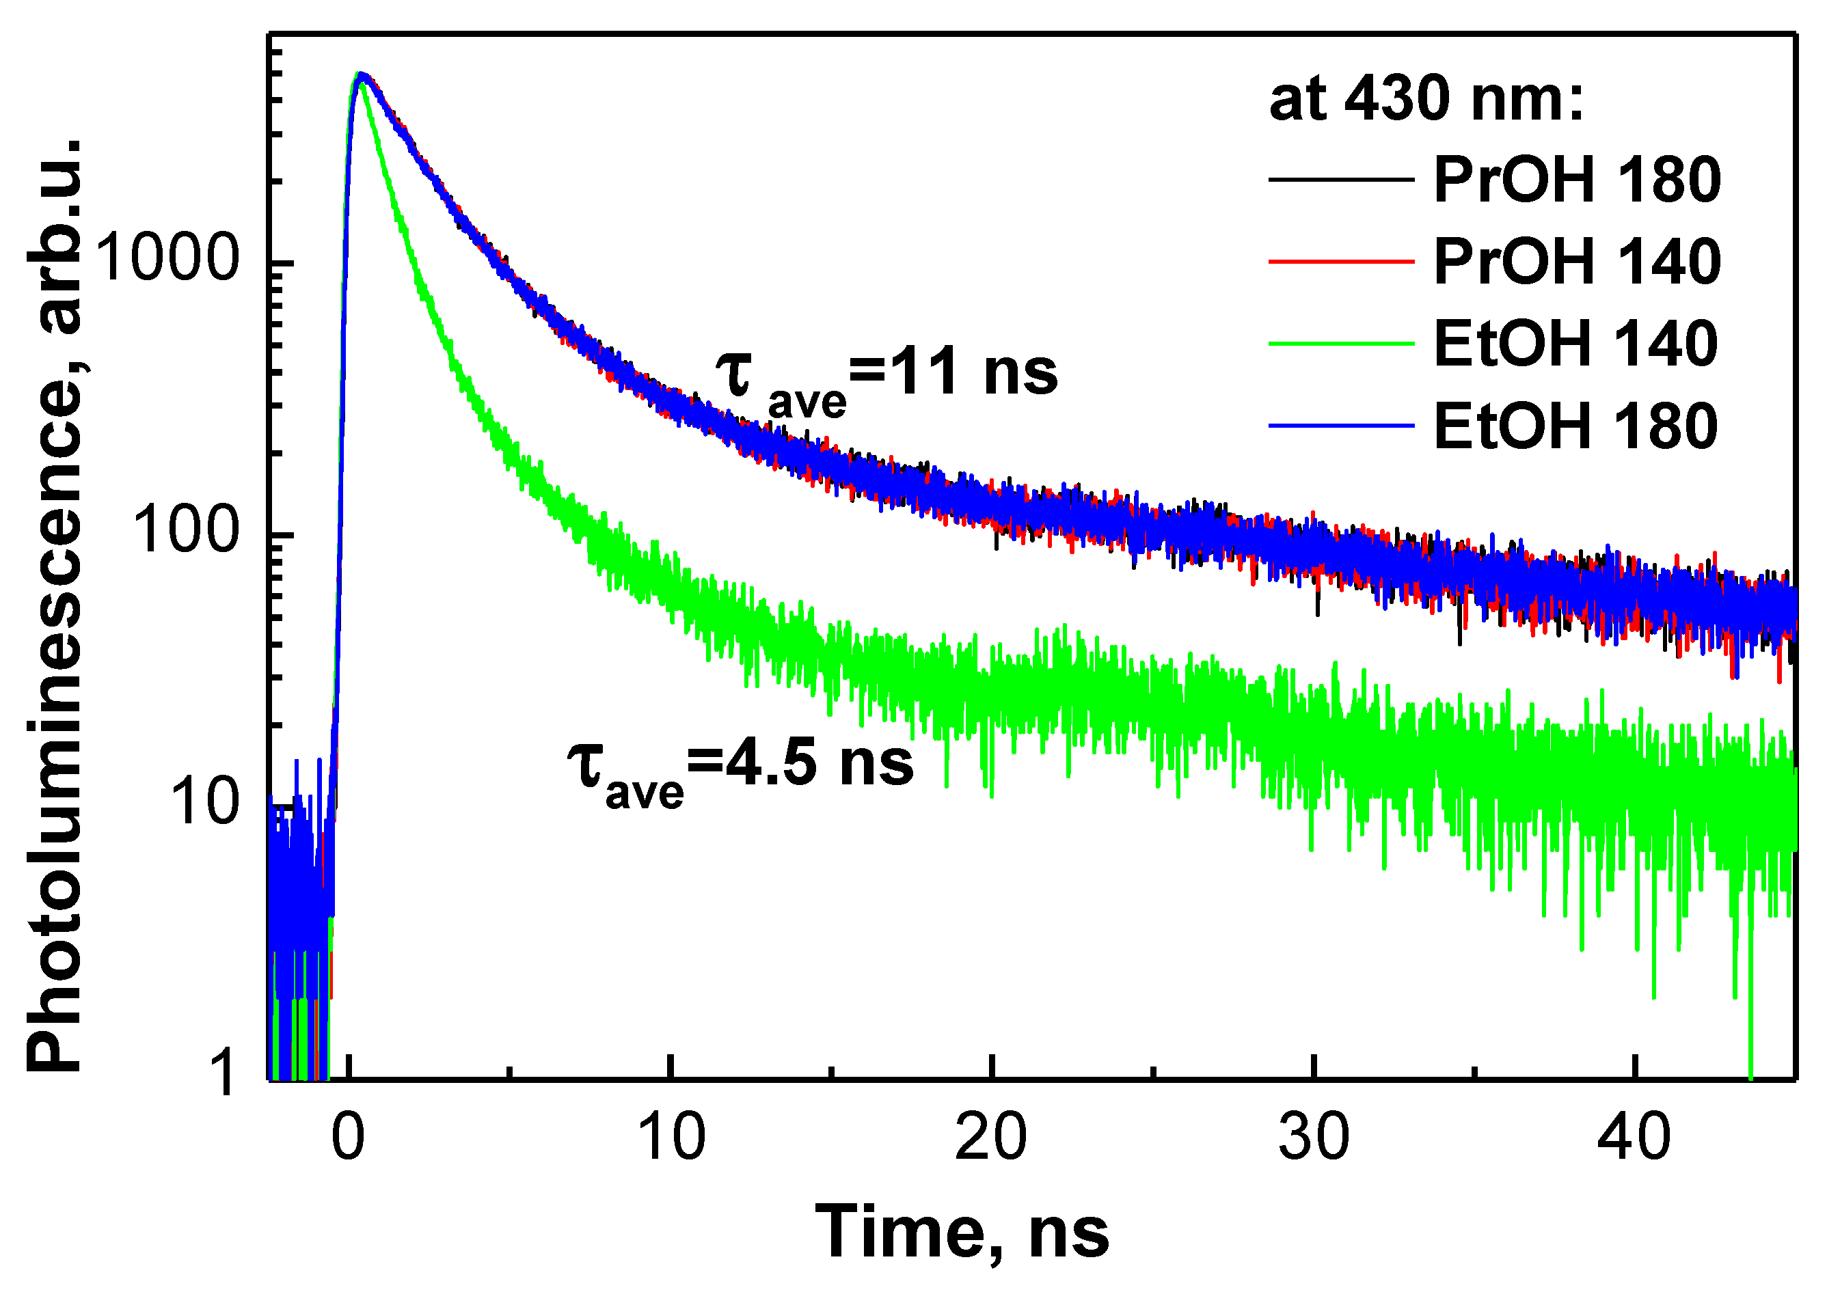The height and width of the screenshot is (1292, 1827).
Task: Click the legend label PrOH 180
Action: pos(1576,180)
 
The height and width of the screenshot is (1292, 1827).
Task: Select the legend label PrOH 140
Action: pos(1576,262)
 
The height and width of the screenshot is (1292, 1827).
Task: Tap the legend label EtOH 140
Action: pos(1575,344)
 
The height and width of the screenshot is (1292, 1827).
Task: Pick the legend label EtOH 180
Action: pos(1575,426)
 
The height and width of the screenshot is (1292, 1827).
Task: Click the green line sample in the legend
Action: pos(1341,344)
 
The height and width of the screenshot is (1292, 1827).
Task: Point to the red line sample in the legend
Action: pos(1341,262)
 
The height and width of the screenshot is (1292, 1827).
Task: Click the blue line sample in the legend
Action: pos(1341,426)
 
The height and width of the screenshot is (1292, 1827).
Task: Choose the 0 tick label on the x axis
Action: pos(348,1138)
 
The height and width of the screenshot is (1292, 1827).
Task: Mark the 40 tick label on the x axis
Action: pos(1634,1138)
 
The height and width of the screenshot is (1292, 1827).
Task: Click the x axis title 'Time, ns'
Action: pos(962,1233)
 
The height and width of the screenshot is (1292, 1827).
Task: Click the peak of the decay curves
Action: pos(360,76)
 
